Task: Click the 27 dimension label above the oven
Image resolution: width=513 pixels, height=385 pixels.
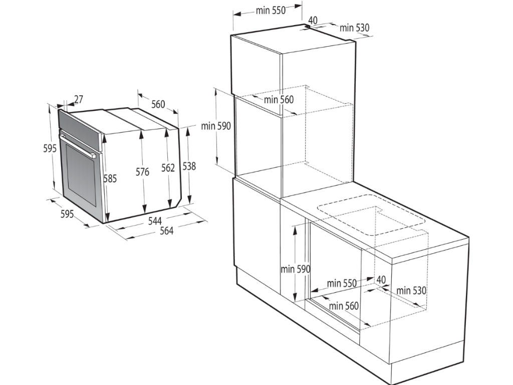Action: [79, 99]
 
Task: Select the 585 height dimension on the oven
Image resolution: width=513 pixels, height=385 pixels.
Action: [110, 178]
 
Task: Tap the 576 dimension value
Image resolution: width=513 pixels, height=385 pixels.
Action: [142, 172]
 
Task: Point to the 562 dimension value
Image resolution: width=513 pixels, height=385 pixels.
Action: [168, 167]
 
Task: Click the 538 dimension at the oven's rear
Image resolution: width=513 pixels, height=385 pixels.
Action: [189, 166]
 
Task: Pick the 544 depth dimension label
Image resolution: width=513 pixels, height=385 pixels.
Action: [155, 221]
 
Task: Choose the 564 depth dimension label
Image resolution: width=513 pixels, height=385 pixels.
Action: [166, 231]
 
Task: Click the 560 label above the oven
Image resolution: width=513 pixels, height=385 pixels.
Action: [158, 104]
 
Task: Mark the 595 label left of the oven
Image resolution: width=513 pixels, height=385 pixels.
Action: [50, 148]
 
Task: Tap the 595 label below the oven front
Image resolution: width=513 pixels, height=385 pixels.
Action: [68, 214]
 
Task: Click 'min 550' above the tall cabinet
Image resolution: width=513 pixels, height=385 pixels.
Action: [271, 11]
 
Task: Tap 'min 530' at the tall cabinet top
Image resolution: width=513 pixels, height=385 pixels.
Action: [354, 28]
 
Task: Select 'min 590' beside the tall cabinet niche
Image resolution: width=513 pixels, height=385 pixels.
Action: [216, 126]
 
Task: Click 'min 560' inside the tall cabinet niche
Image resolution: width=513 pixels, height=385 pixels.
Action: [279, 100]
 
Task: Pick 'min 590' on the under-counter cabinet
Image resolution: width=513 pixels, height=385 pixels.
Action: [296, 269]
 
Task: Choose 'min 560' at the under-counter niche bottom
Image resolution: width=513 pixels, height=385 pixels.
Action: [344, 306]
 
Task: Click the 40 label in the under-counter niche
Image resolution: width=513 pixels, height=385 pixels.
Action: [381, 280]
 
